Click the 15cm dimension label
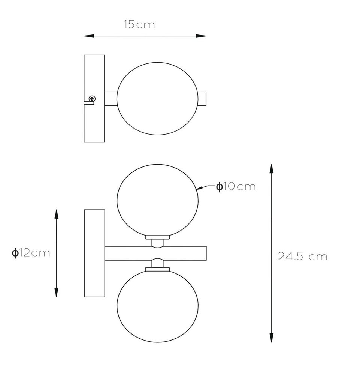point(139,24)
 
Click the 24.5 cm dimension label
point(302,256)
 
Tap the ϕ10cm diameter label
point(236,186)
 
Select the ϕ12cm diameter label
point(31,252)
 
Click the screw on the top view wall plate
point(92,98)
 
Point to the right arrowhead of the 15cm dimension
point(201,36)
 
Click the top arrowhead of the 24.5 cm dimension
point(271,169)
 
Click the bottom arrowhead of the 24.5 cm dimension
point(271,337)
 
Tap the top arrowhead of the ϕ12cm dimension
point(56,214)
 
